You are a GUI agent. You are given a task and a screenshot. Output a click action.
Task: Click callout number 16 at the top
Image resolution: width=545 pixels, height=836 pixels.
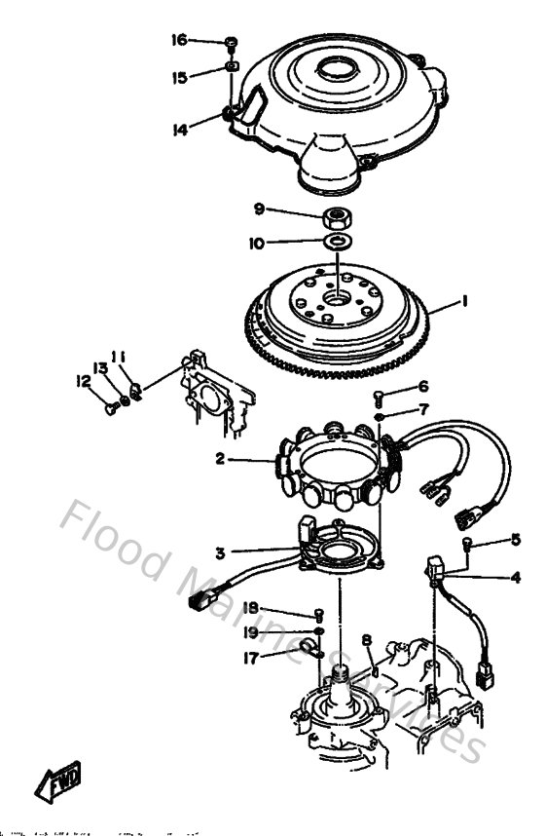coord(179,40)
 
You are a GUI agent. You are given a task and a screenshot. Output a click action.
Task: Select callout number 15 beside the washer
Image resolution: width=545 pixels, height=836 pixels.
coord(179,77)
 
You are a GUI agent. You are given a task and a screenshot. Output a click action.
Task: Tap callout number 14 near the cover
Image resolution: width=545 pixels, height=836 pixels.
coord(179,129)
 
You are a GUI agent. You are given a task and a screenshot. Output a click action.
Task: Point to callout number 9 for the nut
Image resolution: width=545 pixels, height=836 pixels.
coord(259,209)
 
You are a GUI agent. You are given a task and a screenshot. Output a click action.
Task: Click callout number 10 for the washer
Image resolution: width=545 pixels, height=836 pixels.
coord(256,243)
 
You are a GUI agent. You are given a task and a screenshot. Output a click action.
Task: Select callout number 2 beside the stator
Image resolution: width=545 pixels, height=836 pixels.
coord(221,458)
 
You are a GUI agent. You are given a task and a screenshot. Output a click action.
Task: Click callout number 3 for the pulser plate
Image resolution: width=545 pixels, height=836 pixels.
coord(221,552)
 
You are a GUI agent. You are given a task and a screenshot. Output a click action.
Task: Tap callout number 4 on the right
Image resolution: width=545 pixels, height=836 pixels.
coord(515,576)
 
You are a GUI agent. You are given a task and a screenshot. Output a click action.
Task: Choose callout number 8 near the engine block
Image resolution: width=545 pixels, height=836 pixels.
coord(366,640)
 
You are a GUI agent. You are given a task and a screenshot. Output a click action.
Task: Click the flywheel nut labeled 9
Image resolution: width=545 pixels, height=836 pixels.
coord(336,214)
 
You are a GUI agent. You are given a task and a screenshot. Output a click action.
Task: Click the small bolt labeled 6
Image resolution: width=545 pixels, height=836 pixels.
coord(380,395)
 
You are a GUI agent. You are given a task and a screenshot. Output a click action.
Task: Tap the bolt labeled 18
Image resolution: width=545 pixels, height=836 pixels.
coord(318,614)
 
